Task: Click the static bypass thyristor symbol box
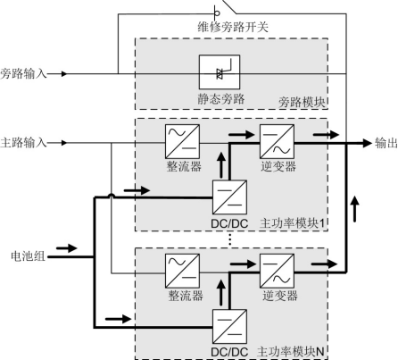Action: point(220,72)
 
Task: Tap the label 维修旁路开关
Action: point(233,28)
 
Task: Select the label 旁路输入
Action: point(23,73)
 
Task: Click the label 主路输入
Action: point(23,143)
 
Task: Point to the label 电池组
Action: point(28,255)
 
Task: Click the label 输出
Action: point(386,143)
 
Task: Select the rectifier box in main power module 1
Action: point(182,141)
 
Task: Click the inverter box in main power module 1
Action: point(278,141)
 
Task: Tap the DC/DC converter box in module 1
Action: point(229,197)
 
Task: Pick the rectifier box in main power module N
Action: point(182,271)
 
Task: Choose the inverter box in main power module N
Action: point(278,271)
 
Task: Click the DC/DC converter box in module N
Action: point(229,326)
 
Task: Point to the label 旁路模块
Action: point(302,102)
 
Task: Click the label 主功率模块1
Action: point(292,223)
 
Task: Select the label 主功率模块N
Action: point(290,352)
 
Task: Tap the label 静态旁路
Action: point(221,98)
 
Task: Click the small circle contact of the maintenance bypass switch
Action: point(217,13)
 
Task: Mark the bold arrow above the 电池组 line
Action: point(67,247)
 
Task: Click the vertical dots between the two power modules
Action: point(229,239)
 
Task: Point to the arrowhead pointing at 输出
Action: point(368,143)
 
